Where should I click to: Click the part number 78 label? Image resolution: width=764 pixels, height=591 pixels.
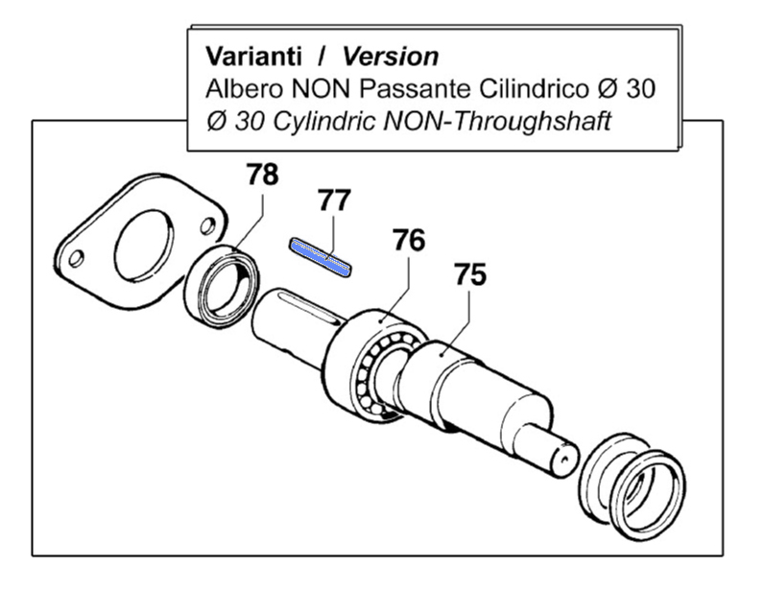point(262,176)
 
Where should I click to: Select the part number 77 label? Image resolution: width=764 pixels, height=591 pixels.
point(335,201)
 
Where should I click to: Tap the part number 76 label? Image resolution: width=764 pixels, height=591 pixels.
point(407,240)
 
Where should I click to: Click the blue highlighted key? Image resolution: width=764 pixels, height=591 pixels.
point(322,256)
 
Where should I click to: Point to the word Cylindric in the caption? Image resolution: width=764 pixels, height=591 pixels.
point(315,123)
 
